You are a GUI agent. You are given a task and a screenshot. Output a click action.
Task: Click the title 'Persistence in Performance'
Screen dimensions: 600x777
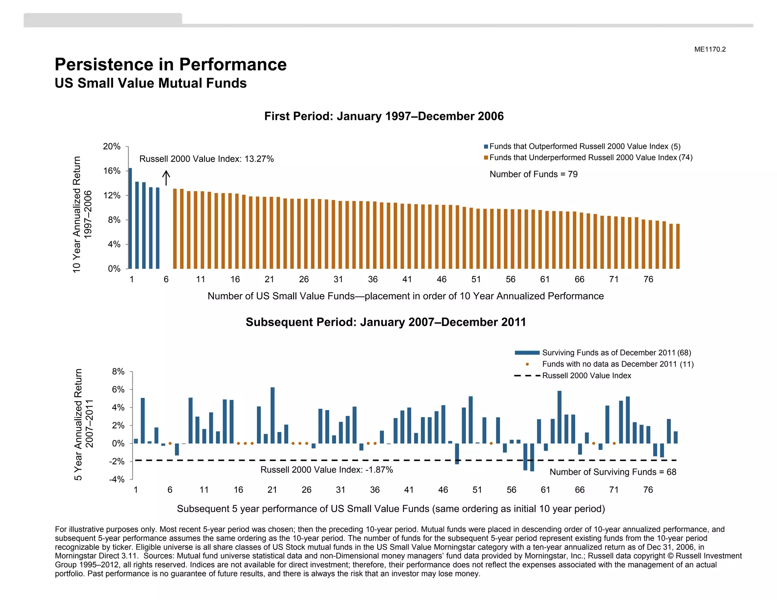pos(170,64)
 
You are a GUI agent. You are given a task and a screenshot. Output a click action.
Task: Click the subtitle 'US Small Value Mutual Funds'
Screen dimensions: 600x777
pos(151,83)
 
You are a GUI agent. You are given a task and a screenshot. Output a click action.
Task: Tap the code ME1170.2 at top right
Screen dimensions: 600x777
pos(710,49)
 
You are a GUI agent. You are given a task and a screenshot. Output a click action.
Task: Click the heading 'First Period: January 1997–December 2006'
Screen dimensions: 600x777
pos(384,116)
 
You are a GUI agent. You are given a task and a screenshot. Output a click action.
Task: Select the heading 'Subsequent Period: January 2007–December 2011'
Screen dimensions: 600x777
pos(386,322)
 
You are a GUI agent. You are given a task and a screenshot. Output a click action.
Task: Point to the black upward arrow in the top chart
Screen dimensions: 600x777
pos(166,177)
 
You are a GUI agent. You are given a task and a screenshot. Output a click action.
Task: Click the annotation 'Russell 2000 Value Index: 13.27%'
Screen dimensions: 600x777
pos(206,159)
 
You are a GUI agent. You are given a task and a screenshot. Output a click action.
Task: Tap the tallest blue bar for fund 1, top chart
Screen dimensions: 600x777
pos(130,218)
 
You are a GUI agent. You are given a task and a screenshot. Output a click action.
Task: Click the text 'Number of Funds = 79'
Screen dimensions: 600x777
pos(533,174)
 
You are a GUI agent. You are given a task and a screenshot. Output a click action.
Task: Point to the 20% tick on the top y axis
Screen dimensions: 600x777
pos(112,147)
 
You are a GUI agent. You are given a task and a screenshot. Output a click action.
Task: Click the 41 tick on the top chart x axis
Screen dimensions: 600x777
pos(407,280)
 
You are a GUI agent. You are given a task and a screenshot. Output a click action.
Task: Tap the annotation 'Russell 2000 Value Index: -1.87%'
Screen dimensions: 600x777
pos(326,470)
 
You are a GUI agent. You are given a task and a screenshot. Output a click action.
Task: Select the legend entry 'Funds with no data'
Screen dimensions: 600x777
pos(617,364)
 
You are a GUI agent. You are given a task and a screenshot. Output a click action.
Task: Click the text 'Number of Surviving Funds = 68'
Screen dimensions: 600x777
pos(613,472)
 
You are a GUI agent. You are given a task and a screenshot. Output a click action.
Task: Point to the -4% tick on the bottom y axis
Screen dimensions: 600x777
pos(116,479)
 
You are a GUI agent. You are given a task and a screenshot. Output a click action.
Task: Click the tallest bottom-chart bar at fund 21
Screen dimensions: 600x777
pos(272,415)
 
